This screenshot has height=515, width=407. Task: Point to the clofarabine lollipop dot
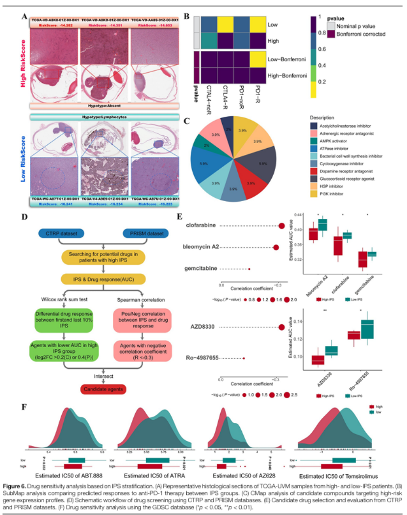click(x=281, y=226)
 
